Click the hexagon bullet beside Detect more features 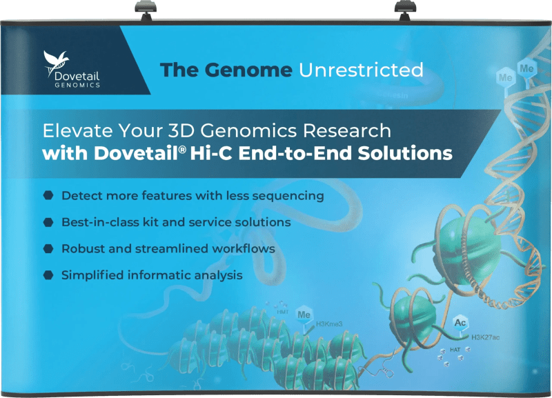tap(48, 196)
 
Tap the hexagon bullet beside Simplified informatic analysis tap(48, 275)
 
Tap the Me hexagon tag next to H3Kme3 tap(304, 315)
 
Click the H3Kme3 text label tap(329, 323)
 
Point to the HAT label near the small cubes tap(456, 350)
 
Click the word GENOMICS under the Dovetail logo tap(77, 86)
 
